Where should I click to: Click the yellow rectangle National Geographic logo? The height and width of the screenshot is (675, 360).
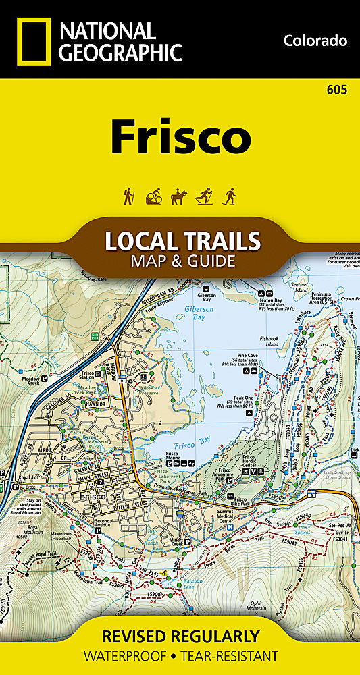point(32,41)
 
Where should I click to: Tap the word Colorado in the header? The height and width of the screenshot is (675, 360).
point(315,40)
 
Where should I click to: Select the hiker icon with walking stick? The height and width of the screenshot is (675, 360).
point(128,196)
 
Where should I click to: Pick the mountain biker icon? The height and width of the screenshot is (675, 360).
point(154,196)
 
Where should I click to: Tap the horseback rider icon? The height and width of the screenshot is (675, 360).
point(180,196)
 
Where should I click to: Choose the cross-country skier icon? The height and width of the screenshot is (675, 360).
point(205,196)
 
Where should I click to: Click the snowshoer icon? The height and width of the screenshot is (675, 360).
point(230,196)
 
